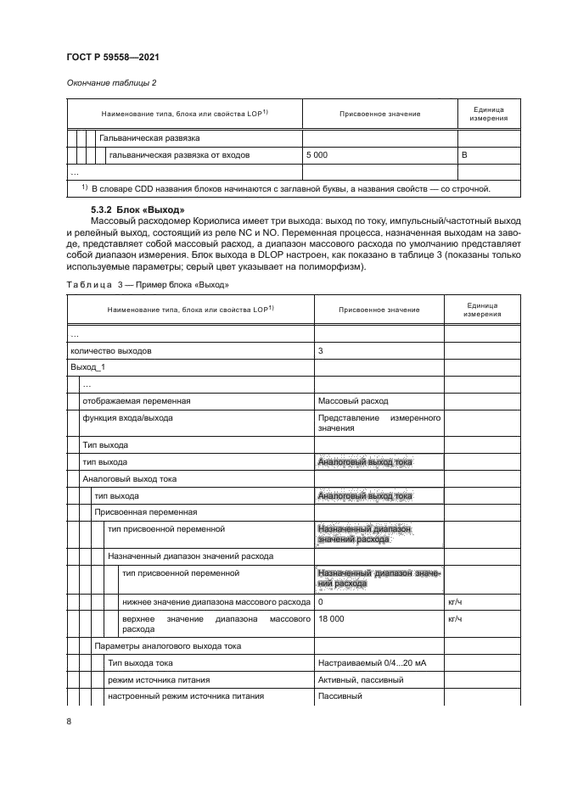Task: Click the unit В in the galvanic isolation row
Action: (x=464, y=155)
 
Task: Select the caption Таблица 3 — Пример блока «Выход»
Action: (x=147, y=284)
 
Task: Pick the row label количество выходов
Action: (x=110, y=349)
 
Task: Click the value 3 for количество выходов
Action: (x=320, y=349)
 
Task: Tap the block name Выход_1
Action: (x=87, y=366)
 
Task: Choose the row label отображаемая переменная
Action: (x=135, y=400)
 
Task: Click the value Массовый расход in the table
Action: (x=352, y=400)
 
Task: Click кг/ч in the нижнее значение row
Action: (x=452, y=601)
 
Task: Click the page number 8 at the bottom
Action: (x=69, y=721)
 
